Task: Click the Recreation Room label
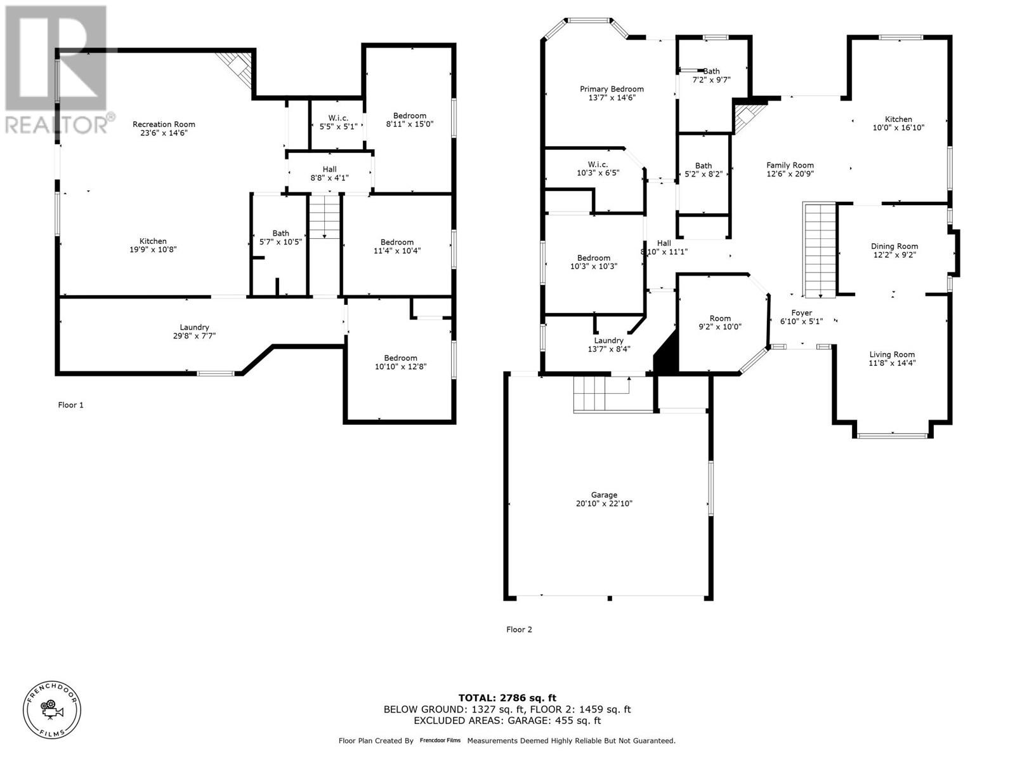(164, 124)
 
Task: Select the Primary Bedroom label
(612, 89)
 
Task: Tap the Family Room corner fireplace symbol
(747, 118)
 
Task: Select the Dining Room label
(894, 246)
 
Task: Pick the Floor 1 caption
(70, 405)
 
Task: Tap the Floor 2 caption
(519, 629)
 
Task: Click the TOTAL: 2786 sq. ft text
(507, 698)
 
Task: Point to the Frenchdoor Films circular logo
(52, 709)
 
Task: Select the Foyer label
(801, 313)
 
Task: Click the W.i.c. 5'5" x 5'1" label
(338, 122)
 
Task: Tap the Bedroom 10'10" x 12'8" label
(400, 362)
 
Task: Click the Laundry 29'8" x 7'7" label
(194, 331)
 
